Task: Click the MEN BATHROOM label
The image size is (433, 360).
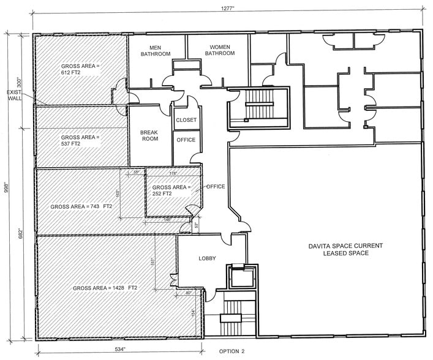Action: click(155, 51)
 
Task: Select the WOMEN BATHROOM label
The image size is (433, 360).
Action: click(220, 50)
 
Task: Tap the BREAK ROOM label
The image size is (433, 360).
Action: click(149, 135)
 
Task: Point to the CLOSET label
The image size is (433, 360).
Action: click(186, 120)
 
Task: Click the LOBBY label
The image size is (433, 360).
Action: click(208, 258)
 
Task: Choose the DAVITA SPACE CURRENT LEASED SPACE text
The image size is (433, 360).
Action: click(345, 249)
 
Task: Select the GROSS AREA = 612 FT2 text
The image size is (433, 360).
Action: click(79, 69)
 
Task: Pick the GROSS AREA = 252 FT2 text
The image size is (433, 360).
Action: click(171, 190)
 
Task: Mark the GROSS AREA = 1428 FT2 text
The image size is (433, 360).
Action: click(105, 288)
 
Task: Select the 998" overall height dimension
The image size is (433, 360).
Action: click(5, 186)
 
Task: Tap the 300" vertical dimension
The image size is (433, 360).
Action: click(18, 81)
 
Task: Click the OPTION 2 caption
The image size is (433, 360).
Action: click(232, 352)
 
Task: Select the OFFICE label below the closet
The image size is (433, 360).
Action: click(186, 140)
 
